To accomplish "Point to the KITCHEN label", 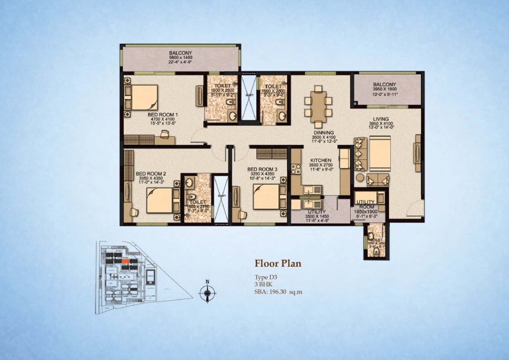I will [x=321, y=160].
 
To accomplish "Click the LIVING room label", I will [x=380, y=119].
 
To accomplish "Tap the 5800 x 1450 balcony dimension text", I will [x=180, y=57].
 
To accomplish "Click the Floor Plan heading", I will [x=278, y=263].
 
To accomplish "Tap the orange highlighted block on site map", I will [x=125, y=260].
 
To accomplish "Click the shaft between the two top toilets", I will [x=247, y=99].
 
